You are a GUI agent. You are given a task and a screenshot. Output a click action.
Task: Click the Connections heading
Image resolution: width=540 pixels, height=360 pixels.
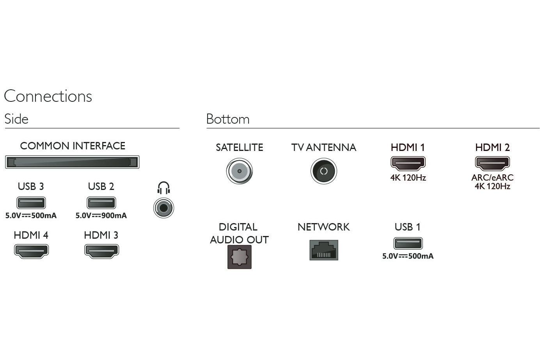[48, 96]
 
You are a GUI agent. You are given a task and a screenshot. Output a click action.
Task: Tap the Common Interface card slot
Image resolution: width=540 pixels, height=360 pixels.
[72, 162]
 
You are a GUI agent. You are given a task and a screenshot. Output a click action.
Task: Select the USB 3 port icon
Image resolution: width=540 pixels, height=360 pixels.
[31, 203]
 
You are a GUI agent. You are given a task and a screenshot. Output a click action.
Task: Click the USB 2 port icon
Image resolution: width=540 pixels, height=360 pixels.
[101, 203]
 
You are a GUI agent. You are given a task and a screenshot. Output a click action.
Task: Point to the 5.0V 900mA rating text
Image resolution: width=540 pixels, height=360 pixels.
[101, 215]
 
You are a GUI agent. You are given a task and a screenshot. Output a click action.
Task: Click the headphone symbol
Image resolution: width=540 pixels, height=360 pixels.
[164, 188]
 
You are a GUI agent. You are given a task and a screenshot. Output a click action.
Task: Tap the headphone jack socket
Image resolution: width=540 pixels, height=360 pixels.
[164, 208]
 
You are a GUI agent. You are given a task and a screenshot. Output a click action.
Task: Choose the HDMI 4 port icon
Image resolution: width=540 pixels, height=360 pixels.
[31, 251]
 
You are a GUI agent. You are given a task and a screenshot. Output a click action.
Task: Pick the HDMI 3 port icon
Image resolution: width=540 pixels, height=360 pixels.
[101, 251]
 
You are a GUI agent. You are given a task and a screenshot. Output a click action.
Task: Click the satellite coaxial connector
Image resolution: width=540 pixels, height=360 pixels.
[240, 171]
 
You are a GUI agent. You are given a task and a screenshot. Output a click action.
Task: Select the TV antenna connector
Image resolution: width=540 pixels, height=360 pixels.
[324, 171]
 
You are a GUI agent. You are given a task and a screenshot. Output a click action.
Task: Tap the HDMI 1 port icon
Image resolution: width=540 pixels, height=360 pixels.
[408, 163]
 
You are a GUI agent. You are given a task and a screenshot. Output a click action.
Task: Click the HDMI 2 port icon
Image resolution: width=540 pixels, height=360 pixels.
[492, 163]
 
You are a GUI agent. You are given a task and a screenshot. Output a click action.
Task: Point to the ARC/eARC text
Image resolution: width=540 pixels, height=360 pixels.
[492, 177]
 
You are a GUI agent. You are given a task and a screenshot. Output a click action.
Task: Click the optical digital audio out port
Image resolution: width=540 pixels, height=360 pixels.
[240, 257]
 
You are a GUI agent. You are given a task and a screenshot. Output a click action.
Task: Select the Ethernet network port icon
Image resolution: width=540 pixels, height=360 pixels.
[324, 250]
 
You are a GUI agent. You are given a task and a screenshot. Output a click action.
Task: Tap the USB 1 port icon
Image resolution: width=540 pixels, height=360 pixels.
[408, 243]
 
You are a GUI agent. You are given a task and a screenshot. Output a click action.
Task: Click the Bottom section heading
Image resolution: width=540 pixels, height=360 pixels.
[228, 119]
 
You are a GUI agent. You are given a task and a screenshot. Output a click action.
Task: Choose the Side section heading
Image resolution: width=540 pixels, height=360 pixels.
[16, 119]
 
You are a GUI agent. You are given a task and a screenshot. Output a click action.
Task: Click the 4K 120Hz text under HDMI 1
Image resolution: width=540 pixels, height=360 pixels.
[408, 177]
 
